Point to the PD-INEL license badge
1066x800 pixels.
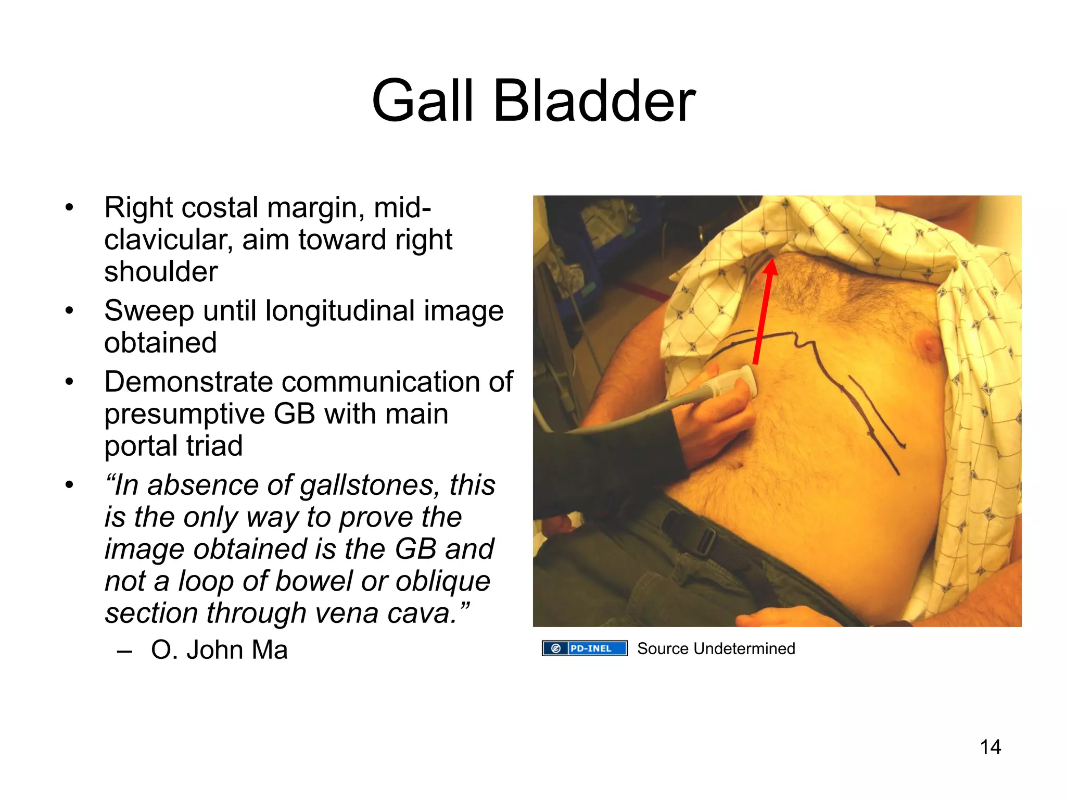pyautogui.click(x=584, y=648)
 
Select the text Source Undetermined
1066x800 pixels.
pyautogui.click(x=716, y=648)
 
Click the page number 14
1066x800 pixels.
pyautogui.click(x=990, y=747)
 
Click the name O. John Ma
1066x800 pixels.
pyautogui.click(x=219, y=650)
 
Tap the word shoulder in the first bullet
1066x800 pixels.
pyautogui.click(x=161, y=272)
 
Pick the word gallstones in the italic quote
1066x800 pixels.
pyautogui.click(x=367, y=485)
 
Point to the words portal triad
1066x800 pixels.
pyautogui.click(x=173, y=446)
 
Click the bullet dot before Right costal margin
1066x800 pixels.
pyautogui.click(x=69, y=208)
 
